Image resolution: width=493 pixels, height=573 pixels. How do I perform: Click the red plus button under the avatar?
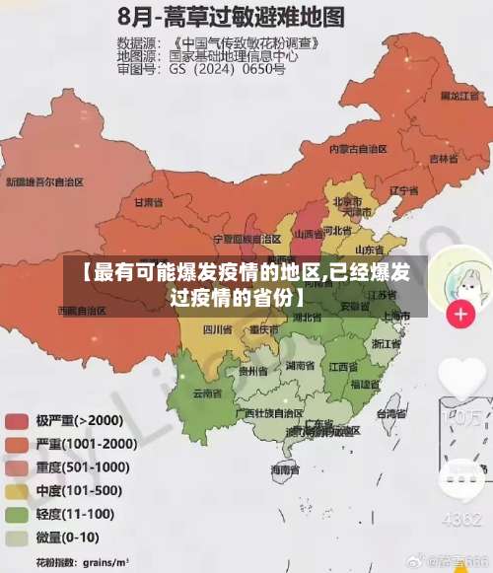460,316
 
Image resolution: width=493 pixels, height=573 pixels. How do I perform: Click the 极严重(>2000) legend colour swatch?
17,421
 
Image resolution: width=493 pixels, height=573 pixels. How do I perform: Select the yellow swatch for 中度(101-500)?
17,490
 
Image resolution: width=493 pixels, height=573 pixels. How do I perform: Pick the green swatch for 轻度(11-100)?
17,514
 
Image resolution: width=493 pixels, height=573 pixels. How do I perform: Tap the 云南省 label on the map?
206,393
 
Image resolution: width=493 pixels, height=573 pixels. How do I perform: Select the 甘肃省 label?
148,201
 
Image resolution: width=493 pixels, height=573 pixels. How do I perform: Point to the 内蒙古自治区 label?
357,148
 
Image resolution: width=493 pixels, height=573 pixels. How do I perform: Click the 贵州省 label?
253,371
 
